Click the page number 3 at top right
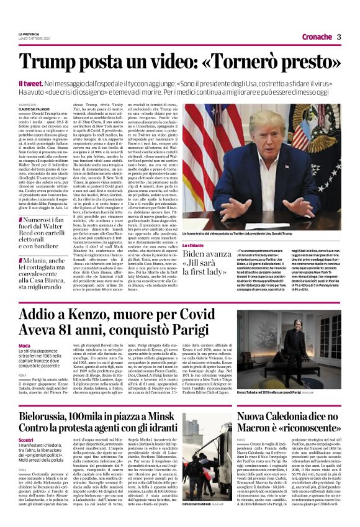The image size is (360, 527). (x=339, y=37)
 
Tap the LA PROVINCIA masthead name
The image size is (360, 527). (x=29, y=34)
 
